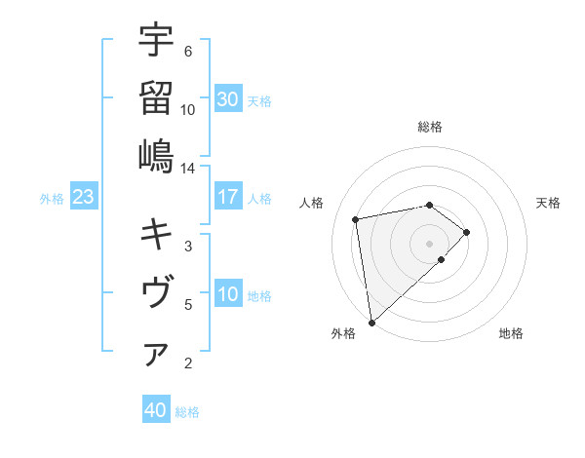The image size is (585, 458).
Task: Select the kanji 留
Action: [x=156, y=97]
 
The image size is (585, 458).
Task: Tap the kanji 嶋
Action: [x=156, y=156]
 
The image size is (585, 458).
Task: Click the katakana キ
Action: [x=156, y=234]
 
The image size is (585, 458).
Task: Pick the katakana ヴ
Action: [x=156, y=292]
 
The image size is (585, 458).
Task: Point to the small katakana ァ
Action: [x=156, y=356]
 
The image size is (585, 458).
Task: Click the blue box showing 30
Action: [x=228, y=99]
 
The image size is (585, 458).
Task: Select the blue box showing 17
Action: [x=228, y=197]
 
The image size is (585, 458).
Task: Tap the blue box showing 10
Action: [x=228, y=294]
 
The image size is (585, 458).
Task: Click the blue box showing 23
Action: [x=84, y=197]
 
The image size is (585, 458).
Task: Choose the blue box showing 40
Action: [x=156, y=410]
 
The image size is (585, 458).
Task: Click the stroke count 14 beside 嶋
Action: [x=187, y=169]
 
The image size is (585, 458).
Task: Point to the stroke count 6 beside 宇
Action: [x=188, y=51]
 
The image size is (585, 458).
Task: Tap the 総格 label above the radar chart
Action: [x=430, y=127]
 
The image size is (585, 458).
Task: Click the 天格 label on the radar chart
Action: [x=548, y=203]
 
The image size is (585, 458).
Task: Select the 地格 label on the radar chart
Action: [x=511, y=333]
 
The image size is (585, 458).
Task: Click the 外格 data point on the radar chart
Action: [x=371, y=322]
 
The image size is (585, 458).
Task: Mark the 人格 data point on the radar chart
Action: [x=357, y=218]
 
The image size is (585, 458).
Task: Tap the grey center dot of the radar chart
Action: [x=429, y=242]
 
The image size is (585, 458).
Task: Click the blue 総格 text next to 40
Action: [x=187, y=412]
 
